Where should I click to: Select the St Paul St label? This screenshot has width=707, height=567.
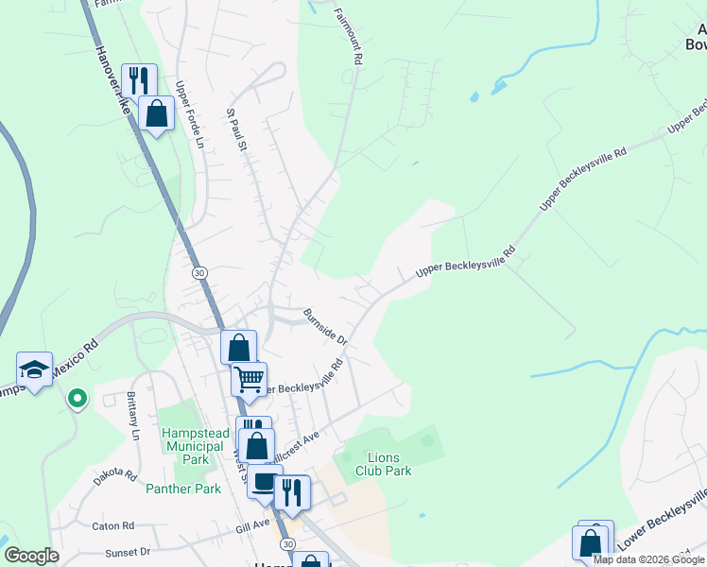236,129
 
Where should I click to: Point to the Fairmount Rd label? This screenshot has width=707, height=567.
349,36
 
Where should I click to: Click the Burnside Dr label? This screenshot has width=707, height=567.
325,325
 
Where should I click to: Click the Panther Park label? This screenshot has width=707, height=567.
183,489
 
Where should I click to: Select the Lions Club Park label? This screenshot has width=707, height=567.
384,464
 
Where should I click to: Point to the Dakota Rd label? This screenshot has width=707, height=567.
115,475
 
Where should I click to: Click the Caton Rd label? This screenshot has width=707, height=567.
113,525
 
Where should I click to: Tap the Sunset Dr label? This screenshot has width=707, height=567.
128,551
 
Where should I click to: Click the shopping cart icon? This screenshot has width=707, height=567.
250,379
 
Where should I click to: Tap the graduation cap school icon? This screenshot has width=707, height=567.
34,369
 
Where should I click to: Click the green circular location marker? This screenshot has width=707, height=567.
78,401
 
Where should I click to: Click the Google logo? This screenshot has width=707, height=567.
31,556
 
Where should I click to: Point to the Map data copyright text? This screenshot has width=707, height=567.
648,559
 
